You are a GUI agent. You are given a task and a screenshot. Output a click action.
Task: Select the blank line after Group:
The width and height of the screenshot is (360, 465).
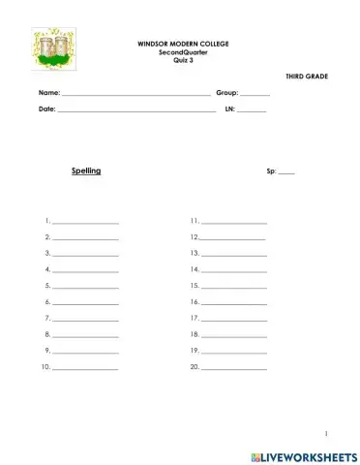coord(255,94)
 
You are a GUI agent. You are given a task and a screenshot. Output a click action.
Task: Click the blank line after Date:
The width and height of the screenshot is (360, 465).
coord(136,111)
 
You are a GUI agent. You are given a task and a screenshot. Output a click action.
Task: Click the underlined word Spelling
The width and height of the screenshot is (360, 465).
coord(86,170)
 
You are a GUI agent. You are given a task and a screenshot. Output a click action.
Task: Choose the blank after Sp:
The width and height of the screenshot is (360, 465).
coord(286,172)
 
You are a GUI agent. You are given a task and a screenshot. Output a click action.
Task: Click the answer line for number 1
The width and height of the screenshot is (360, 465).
coord(85,224)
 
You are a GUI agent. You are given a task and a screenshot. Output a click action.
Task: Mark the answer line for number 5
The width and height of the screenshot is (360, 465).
coord(85,288)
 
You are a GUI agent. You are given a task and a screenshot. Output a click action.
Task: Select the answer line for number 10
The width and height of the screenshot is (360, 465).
coord(85,369)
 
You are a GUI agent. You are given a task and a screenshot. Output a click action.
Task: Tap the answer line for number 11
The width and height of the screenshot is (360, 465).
coord(233,224)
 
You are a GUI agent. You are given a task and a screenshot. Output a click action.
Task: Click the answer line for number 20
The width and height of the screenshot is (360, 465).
coord(233,369)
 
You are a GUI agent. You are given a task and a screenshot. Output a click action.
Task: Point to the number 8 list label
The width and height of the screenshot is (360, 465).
coord(47,334)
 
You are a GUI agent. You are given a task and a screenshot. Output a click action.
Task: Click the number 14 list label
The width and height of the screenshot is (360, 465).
coord(195,269)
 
